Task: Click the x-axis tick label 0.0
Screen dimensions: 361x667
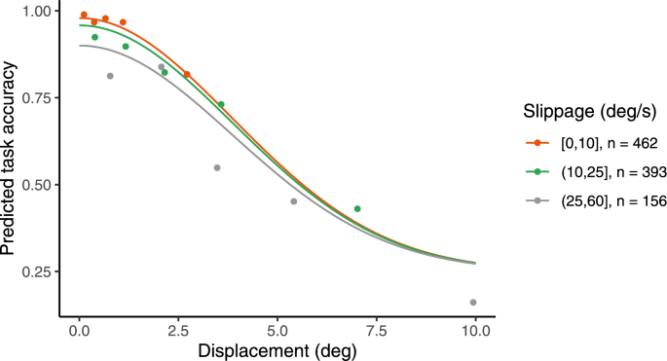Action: [x=79, y=330]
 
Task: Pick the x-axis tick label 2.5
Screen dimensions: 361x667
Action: [x=178, y=330]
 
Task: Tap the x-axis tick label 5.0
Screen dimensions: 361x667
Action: [x=278, y=330]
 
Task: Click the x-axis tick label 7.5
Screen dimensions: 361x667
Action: [x=376, y=330]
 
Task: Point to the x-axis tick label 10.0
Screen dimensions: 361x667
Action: [x=475, y=330]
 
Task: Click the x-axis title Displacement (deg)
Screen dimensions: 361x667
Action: [x=278, y=349]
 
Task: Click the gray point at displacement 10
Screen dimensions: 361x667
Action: [x=473, y=303]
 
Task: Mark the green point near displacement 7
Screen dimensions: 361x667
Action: [x=357, y=209]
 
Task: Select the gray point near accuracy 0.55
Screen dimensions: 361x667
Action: [x=217, y=167]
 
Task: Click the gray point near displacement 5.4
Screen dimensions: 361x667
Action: [x=293, y=201]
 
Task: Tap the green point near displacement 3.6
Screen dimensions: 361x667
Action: [x=221, y=104]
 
